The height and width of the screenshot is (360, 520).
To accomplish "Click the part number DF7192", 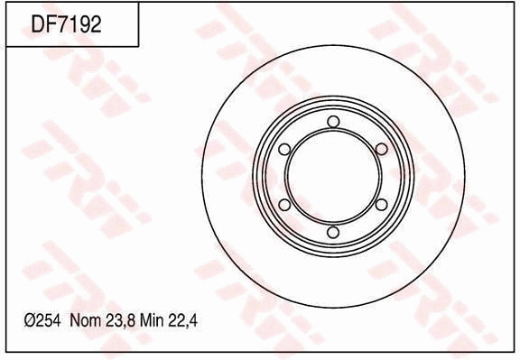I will [x=66, y=24].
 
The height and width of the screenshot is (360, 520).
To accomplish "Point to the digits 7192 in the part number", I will [x=79, y=24].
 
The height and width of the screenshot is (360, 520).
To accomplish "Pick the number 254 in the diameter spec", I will [x=50, y=320].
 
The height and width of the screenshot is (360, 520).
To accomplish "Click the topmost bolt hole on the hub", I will [x=333, y=122].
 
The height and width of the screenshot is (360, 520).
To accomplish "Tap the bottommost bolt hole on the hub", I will [x=333, y=233].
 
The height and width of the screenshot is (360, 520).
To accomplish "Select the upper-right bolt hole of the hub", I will [x=381, y=150].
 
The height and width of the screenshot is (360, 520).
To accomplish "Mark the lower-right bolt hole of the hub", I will [x=381, y=205].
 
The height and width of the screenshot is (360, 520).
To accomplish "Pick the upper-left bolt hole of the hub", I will [x=285, y=150].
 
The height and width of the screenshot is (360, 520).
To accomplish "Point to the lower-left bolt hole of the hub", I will [x=285, y=205].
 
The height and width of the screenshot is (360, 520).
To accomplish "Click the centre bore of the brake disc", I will [x=333, y=177].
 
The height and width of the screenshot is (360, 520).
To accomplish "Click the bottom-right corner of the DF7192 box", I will [x=138, y=46].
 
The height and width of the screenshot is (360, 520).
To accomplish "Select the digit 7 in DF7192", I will [x=62, y=24].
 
